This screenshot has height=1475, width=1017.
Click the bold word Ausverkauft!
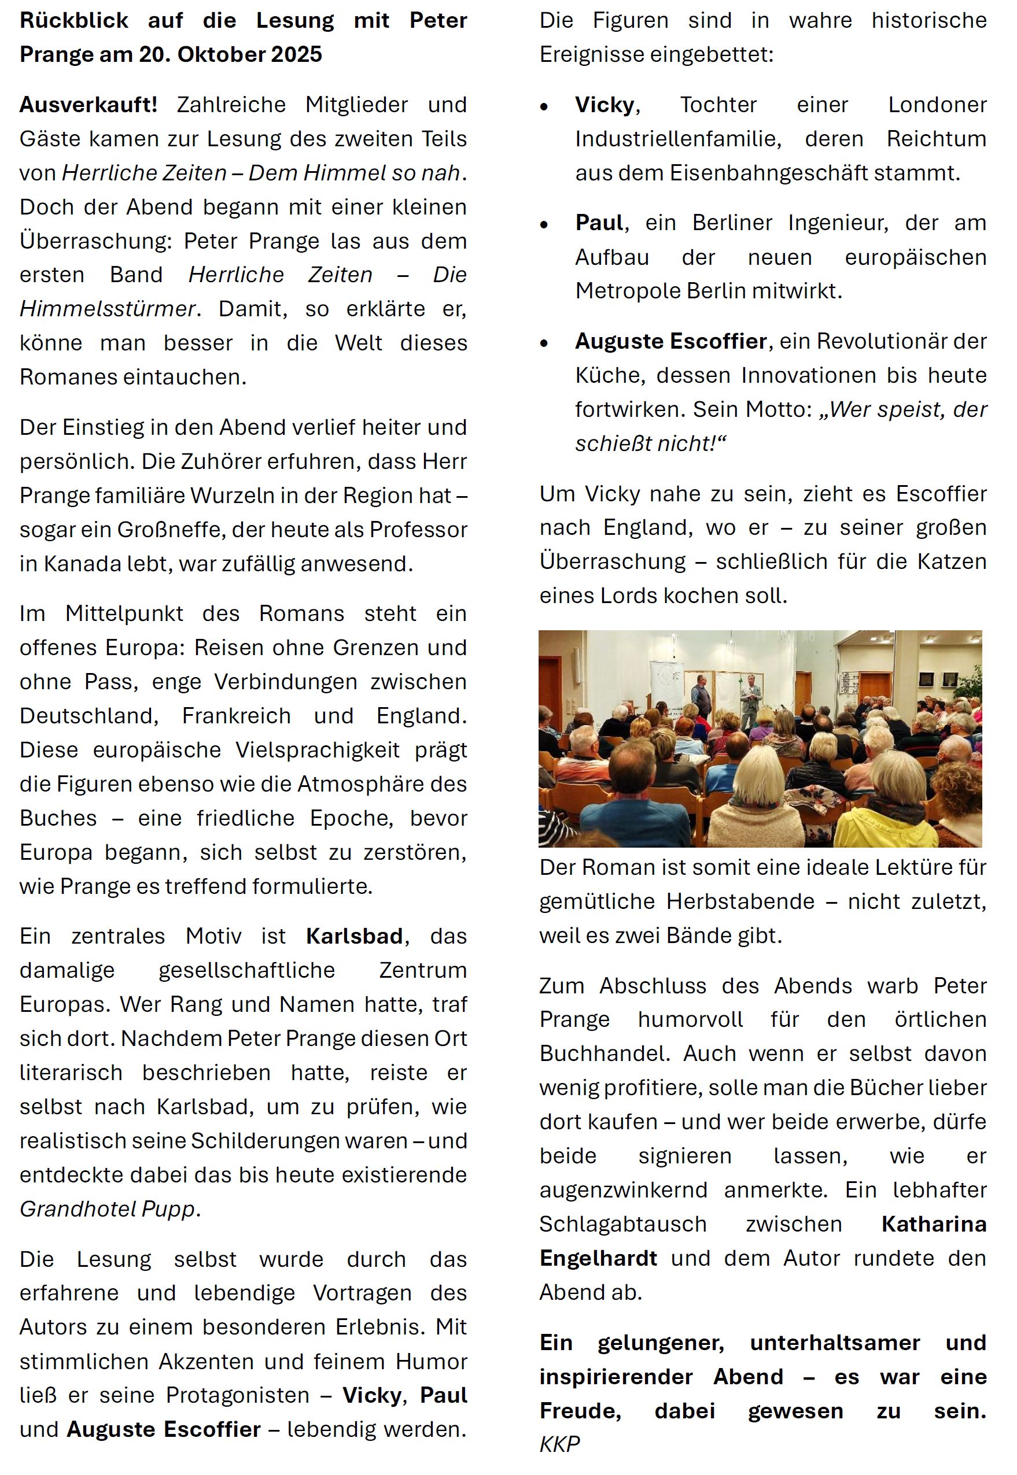(x=89, y=105)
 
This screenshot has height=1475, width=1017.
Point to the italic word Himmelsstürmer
(x=108, y=309)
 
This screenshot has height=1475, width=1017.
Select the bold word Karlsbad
(x=354, y=936)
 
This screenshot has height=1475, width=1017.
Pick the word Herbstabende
(x=740, y=901)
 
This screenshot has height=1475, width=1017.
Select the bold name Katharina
(x=934, y=1223)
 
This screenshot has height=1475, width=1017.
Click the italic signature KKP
(x=559, y=1444)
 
